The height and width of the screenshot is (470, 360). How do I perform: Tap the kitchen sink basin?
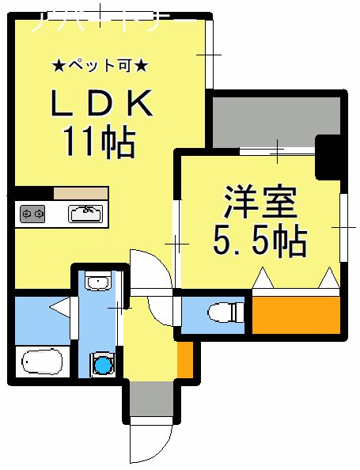[85, 212]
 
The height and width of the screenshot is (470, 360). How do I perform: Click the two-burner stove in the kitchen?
[32, 213]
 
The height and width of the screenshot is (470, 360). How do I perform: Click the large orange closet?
[295, 314]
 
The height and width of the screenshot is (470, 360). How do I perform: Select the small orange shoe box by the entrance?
[184, 359]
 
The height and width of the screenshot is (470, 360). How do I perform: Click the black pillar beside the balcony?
[327, 157]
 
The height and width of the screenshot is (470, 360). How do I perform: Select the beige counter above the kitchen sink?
[81, 193]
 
